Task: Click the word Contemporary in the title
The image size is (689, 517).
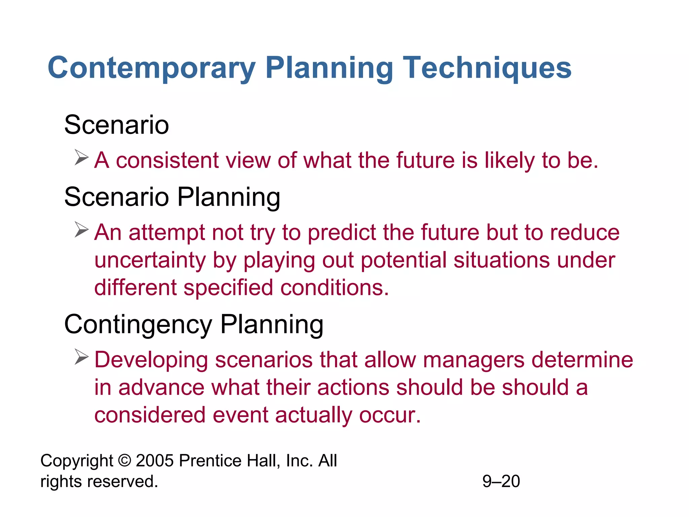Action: pos(151,68)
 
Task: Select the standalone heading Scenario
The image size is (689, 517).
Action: pos(116,125)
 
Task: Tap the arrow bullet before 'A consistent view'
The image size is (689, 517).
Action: pos(81,158)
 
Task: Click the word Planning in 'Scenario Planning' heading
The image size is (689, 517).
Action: pos(229,198)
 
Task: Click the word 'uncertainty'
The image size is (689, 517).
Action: pos(149,261)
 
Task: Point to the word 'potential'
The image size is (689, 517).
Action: pos(403,261)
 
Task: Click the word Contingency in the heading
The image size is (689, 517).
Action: pos(138,325)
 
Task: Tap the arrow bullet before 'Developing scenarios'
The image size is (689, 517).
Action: pos(81,357)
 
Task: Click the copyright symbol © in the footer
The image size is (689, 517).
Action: pos(124,460)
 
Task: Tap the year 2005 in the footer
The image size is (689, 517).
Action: pos(155,460)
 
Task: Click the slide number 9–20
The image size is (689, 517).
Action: pos(501,481)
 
